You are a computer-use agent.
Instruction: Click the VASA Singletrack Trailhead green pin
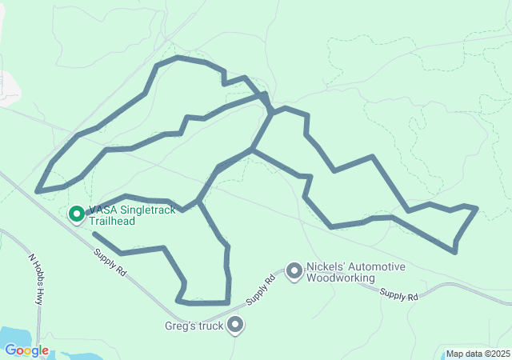coord(77,214)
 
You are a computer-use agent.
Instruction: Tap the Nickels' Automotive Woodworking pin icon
coord(294,271)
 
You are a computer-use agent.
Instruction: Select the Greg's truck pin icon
coord(235,324)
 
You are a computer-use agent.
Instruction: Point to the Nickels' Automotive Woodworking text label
coord(355,272)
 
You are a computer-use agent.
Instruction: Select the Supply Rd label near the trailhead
coord(110,262)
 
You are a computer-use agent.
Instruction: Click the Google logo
coord(26,350)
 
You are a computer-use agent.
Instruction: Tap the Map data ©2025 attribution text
coord(477,354)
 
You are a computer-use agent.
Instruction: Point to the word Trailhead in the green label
coord(111,220)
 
